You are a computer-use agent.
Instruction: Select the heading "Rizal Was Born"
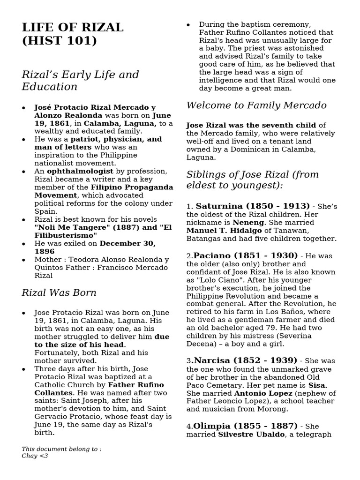pos(59,293)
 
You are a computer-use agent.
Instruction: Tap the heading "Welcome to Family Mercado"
pos(256,105)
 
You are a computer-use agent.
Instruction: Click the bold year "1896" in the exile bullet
pos(45,252)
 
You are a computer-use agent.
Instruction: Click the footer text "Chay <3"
pos(35,456)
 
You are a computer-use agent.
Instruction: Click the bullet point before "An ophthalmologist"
pos(24,172)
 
